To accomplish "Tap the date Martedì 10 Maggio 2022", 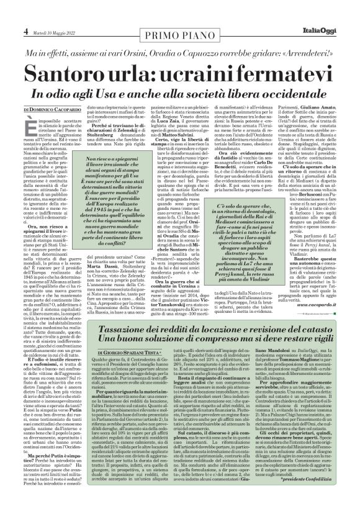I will pos(40,14).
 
